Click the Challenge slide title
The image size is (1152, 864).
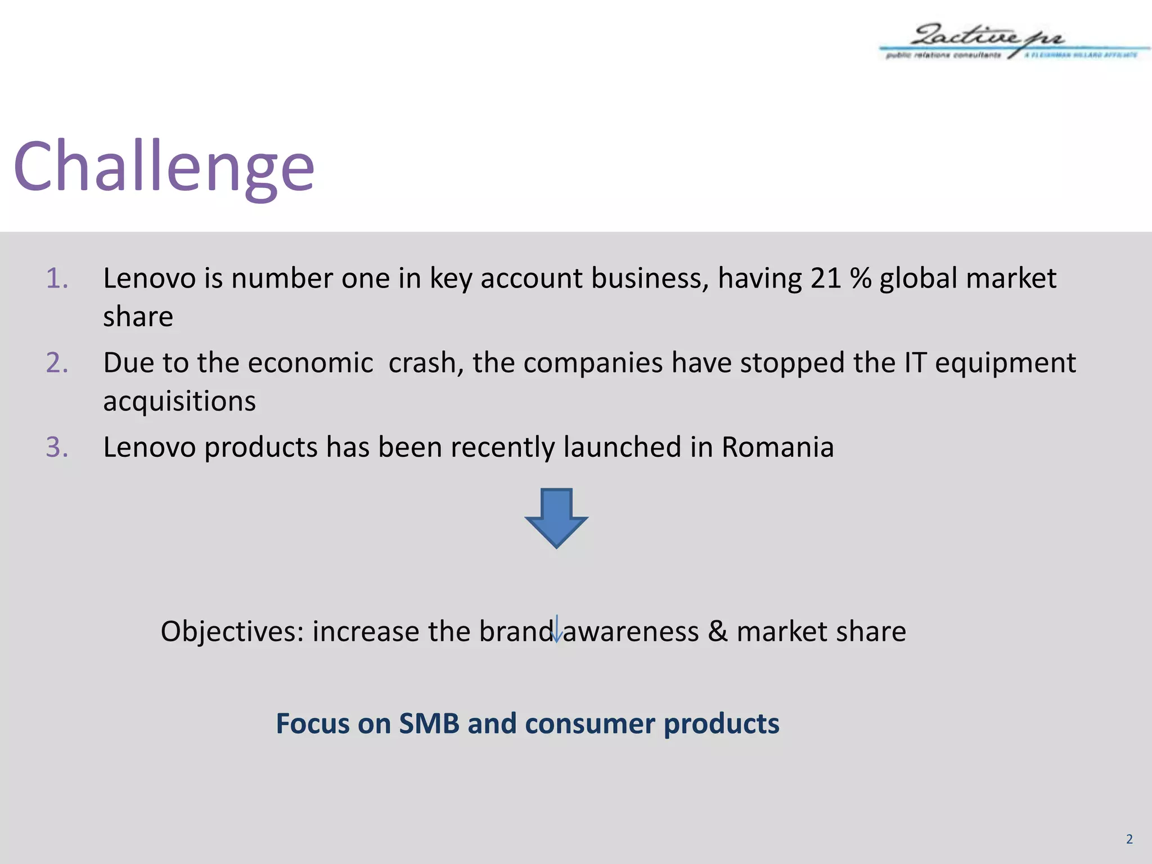[x=164, y=167]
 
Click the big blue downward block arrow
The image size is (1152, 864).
[x=556, y=518]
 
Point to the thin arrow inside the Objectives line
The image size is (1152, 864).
[x=556, y=629]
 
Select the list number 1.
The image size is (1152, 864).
[x=57, y=278]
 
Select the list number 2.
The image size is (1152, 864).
[x=57, y=363]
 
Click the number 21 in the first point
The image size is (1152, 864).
[x=826, y=278]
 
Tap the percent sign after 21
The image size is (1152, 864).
[x=860, y=278]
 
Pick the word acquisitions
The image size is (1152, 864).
[x=179, y=401]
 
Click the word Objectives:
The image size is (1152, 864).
[x=232, y=632]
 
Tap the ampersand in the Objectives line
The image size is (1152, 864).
[x=717, y=631]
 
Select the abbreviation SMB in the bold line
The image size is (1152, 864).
[x=429, y=723]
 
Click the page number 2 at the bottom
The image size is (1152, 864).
[x=1129, y=839]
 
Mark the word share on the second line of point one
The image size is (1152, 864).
[x=138, y=317]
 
